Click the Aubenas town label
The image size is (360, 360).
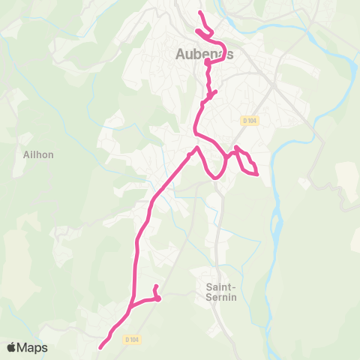[x=205, y=54]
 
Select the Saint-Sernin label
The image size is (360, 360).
[x=221, y=292]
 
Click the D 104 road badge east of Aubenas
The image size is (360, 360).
[x=250, y=120]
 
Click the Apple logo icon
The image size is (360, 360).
[x=12, y=348]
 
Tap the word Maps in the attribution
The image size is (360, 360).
[x=33, y=348]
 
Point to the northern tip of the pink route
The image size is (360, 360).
[x=200, y=13]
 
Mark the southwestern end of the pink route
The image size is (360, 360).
[x=100, y=346]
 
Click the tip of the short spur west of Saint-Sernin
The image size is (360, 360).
[x=155, y=287]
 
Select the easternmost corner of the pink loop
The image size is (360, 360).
[x=257, y=175]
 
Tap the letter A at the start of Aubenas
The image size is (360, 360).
[x=181, y=54]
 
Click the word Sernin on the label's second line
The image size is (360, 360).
[x=221, y=297]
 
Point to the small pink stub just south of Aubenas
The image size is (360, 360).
[x=215, y=92]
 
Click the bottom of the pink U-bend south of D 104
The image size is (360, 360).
[x=214, y=178]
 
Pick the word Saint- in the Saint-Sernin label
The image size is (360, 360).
[x=221, y=286]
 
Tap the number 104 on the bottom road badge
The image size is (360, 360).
[x=134, y=339]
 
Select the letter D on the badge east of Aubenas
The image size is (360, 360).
[x=245, y=120]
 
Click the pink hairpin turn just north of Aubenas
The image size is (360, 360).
[x=198, y=31]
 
